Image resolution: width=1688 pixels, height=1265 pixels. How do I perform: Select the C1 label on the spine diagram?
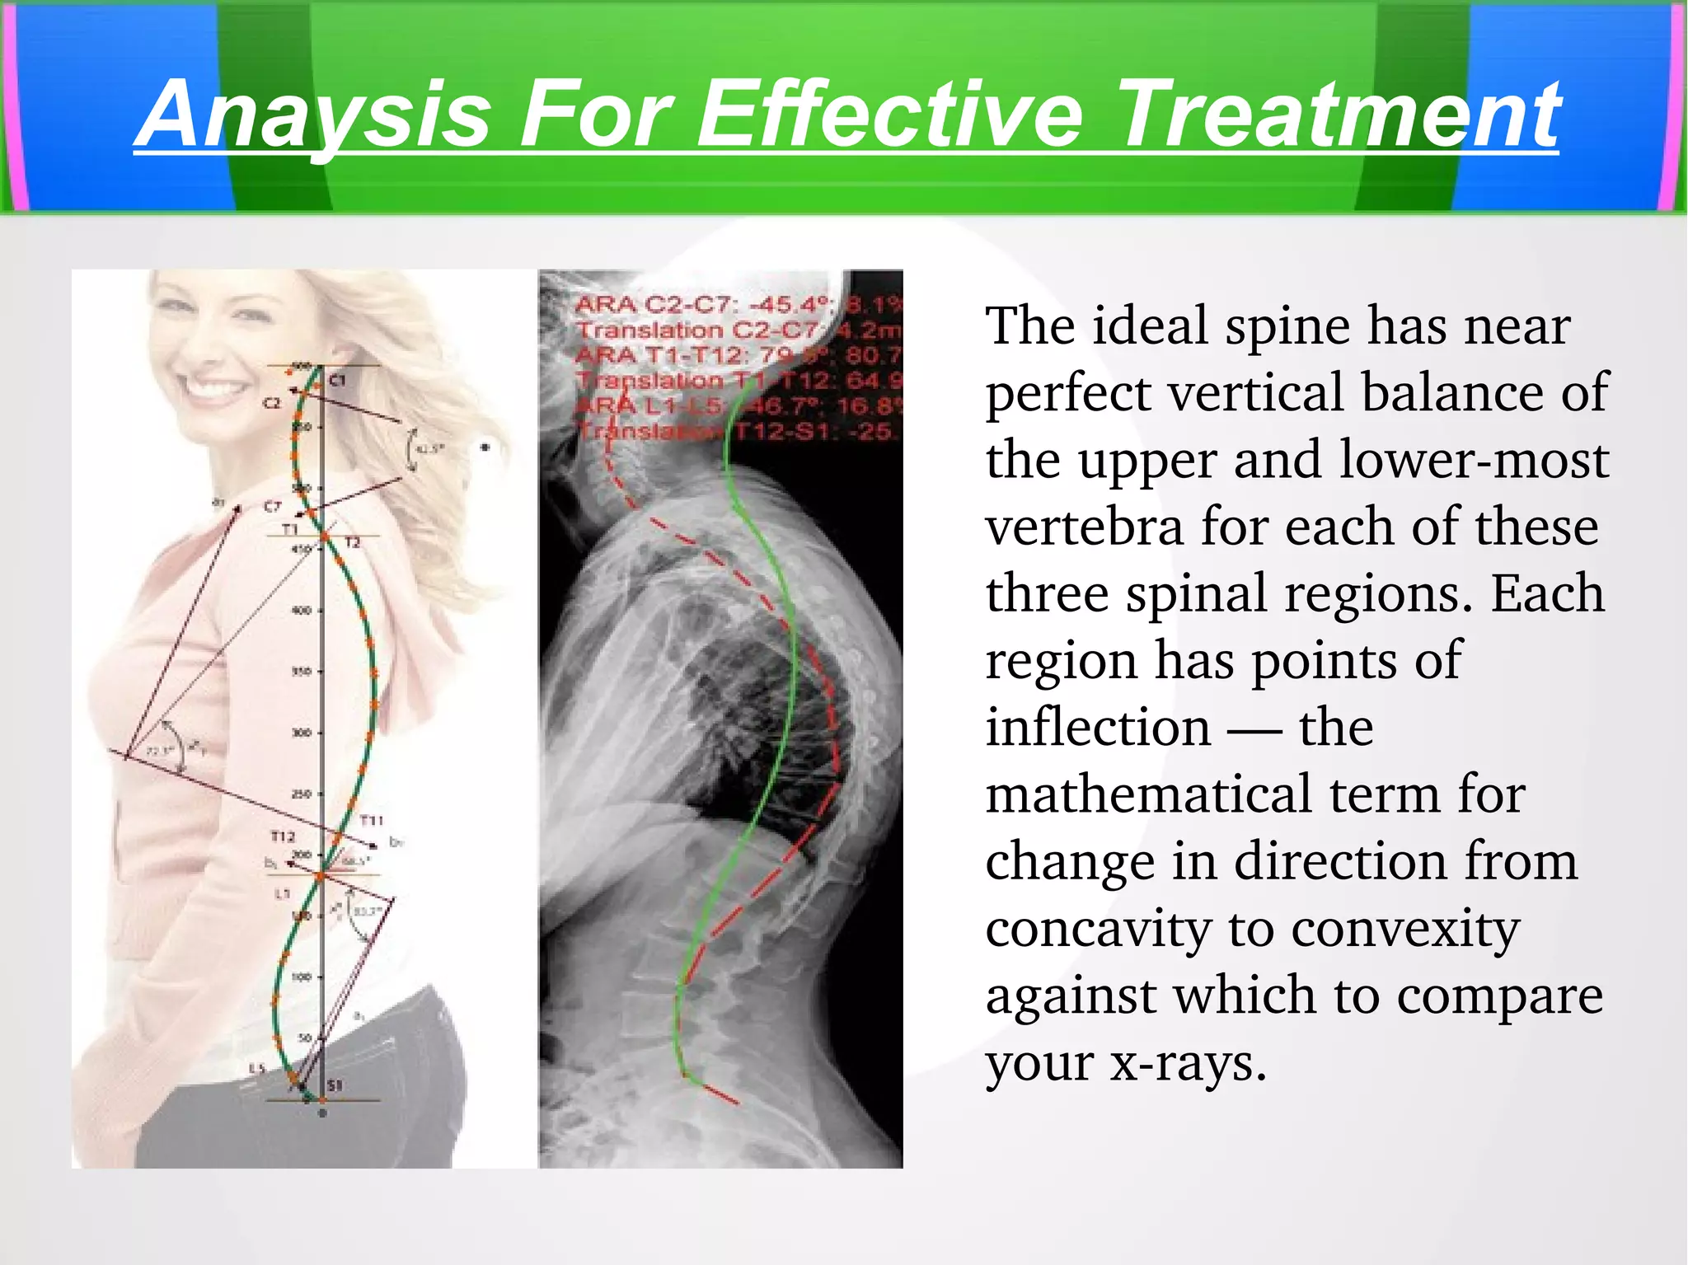pyautogui.click(x=338, y=381)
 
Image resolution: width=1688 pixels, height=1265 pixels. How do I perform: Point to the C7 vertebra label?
pyautogui.click(x=272, y=506)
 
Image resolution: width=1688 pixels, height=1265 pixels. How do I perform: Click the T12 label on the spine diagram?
pyautogui.click(x=283, y=836)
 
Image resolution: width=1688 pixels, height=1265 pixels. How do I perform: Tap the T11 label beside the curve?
pyautogui.click(x=372, y=820)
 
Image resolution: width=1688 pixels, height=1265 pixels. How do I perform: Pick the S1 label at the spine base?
pyautogui.click(x=335, y=1085)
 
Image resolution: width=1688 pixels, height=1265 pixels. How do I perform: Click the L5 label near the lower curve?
pyautogui.click(x=257, y=1069)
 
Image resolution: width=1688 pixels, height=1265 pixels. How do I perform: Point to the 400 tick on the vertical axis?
pyautogui.click(x=302, y=611)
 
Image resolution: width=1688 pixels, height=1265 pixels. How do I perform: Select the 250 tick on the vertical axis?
pyautogui.click(x=302, y=794)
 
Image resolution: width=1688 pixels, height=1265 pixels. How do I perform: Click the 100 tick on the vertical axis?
pyautogui.click(x=302, y=977)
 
